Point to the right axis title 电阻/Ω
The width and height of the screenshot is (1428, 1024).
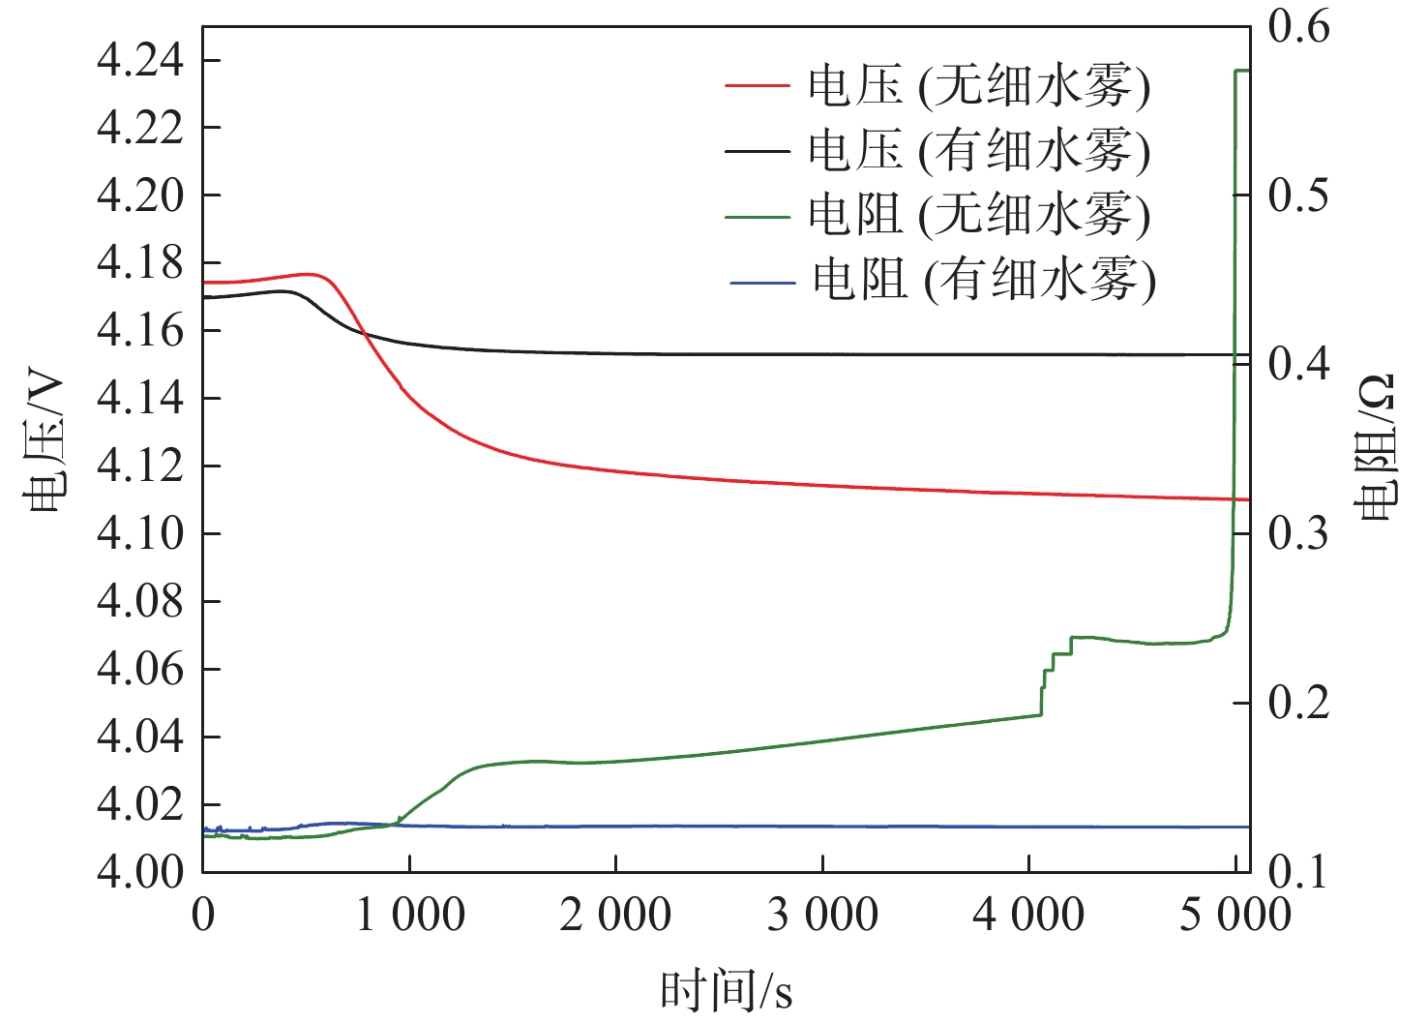(1377, 446)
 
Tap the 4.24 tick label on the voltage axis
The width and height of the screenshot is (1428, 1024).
(140, 61)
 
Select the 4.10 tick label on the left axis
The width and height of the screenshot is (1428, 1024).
(140, 533)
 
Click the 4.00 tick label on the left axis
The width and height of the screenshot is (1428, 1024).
(140, 871)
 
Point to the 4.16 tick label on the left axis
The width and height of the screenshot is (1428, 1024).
(140, 330)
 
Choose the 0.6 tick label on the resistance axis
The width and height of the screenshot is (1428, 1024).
(1298, 26)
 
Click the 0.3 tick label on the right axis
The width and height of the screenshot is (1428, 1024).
(1298, 533)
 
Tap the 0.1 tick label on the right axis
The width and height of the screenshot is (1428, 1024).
(1298, 871)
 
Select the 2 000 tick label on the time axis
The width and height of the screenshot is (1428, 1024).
(615, 915)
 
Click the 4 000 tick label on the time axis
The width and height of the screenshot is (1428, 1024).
(1027, 915)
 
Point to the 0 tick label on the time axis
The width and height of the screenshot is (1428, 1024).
(203, 915)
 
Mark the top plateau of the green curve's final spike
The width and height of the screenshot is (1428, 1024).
(1242, 71)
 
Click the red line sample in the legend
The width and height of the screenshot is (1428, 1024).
(758, 86)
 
